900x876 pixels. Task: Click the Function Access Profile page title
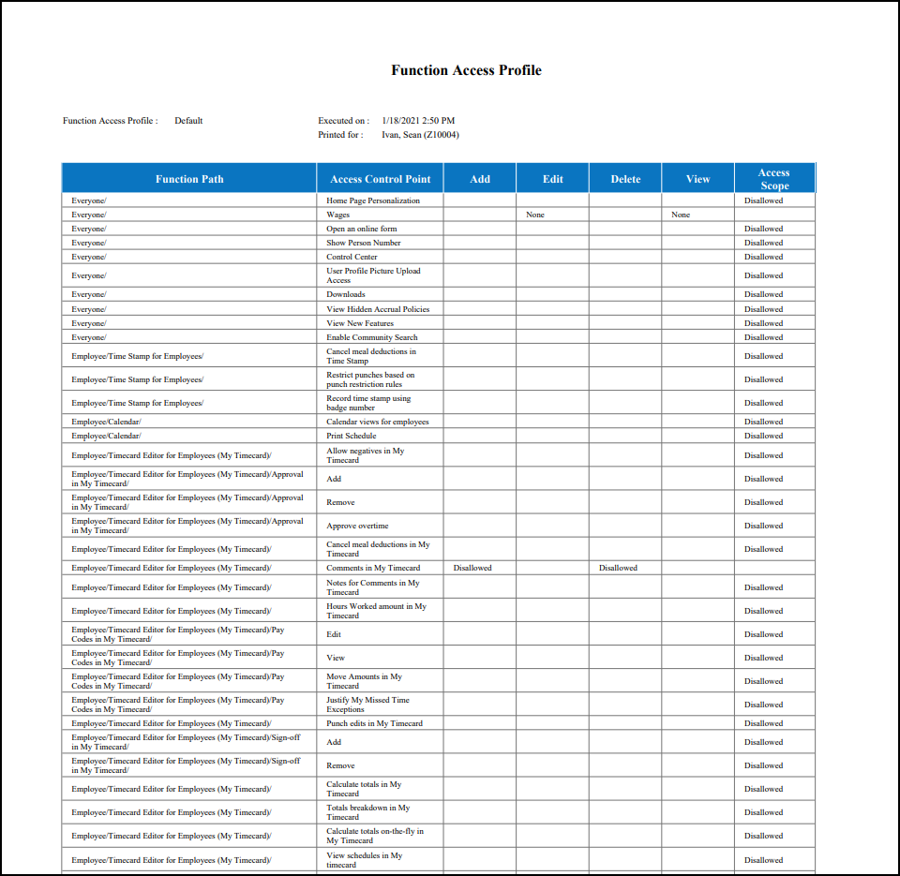point(466,70)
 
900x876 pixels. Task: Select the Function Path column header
point(189,179)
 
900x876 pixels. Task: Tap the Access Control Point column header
point(380,179)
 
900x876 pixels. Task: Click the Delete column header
point(625,179)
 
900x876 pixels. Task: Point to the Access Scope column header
point(774,179)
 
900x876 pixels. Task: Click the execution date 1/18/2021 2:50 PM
point(418,121)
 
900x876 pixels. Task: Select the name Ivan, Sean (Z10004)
point(420,135)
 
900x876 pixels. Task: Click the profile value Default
point(188,121)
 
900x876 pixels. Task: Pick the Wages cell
point(337,215)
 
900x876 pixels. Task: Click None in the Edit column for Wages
point(535,215)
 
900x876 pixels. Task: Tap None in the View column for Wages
point(681,215)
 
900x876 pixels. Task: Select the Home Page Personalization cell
point(373,200)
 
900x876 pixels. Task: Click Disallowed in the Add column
point(472,568)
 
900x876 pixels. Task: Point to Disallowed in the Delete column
point(619,568)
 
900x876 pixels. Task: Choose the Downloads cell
point(346,294)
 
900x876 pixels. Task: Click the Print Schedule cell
point(352,436)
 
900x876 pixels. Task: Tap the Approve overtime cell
point(357,526)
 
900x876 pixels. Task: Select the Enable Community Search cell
point(372,337)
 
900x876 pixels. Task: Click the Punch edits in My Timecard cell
point(374,723)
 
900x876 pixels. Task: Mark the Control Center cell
point(352,257)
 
